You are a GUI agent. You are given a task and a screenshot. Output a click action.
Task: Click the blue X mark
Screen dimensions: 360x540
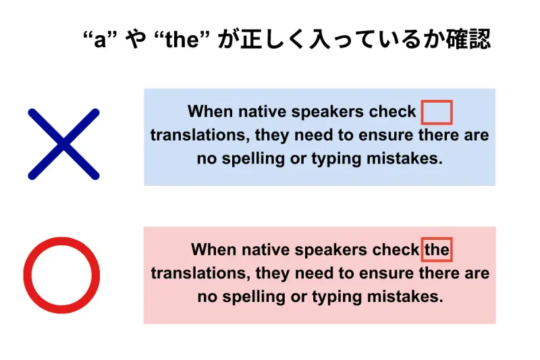click(x=63, y=144)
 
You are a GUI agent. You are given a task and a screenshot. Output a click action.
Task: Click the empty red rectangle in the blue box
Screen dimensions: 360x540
click(x=436, y=112)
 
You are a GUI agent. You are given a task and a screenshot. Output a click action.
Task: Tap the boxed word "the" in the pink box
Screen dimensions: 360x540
click(x=437, y=250)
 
